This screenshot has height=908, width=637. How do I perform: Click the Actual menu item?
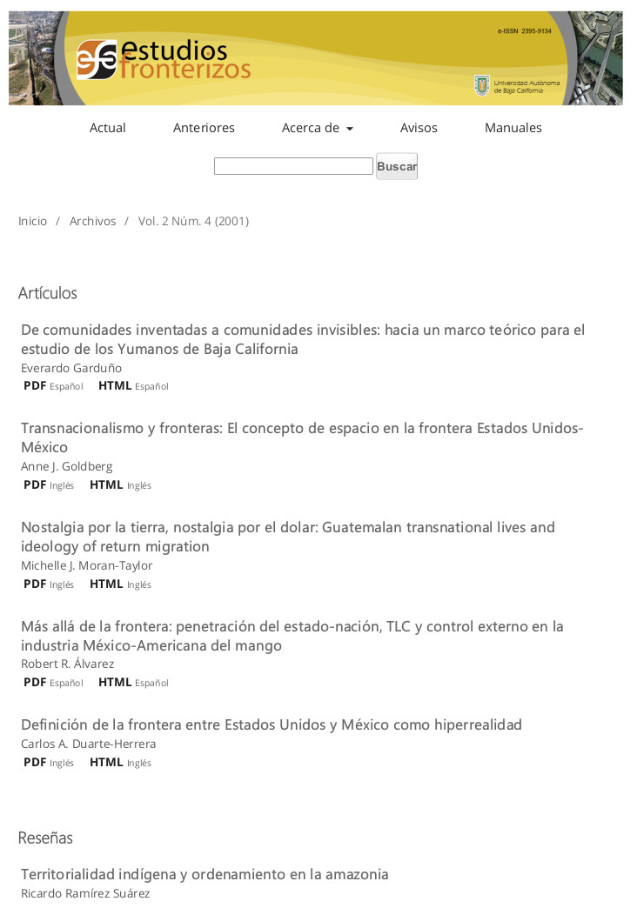coord(108,128)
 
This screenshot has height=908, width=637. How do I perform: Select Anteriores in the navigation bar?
coord(204,128)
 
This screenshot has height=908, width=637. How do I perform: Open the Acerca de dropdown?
coord(317,128)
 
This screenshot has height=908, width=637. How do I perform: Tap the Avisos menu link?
coord(419,128)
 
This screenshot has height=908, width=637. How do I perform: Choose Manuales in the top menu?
coord(513,128)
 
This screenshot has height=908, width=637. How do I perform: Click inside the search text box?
coord(293,166)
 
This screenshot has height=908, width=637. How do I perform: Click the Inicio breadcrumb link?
coord(33,221)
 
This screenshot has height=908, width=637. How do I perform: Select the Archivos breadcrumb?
coord(92,221)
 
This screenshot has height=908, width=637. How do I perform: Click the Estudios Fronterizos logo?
coord(163,60)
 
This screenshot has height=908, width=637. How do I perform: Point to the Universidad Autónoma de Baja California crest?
coord(481,85)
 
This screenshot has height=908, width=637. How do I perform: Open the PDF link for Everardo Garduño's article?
coord(35,385)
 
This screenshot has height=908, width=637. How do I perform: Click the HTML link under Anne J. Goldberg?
coord(106,484)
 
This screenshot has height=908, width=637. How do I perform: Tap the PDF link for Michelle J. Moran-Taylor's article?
coord(35,584)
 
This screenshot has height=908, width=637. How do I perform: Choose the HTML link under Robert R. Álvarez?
coord(115,682)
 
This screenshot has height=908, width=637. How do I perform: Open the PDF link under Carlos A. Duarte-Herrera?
coord(35,762)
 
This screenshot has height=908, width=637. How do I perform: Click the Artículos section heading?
coord(48,293)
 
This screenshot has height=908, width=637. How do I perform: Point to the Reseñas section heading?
coord(45,838)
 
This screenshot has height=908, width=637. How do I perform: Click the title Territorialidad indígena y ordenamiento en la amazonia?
coord(205,874)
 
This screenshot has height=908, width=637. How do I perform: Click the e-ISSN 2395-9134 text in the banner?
coord(524,31)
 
